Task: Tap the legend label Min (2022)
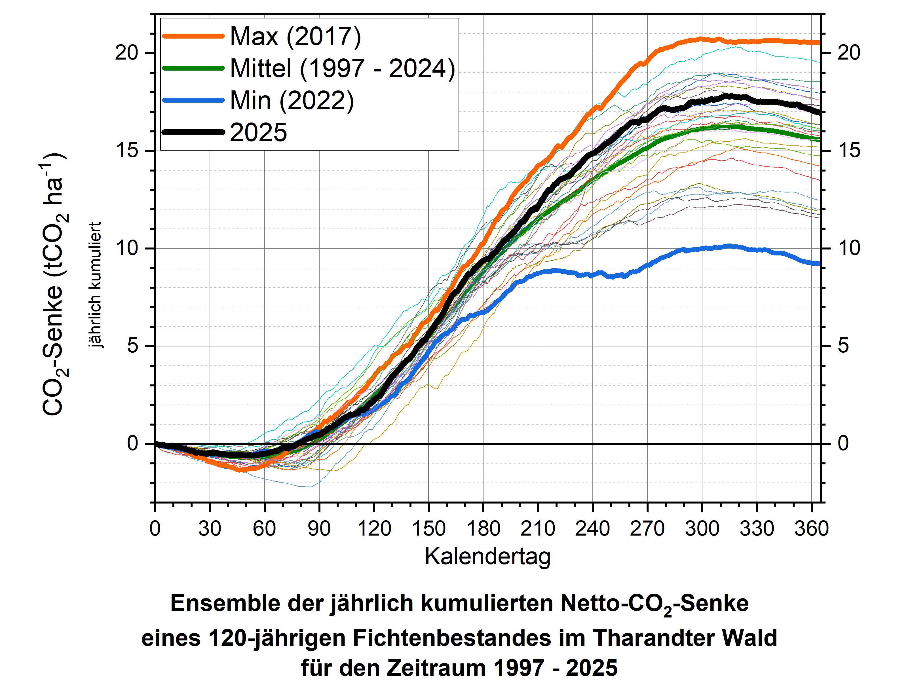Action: [x=292, y=101]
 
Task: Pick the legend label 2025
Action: [x=258, y=132]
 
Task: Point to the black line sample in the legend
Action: [x=193, y=132]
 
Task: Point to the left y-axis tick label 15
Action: [x=127, y=151]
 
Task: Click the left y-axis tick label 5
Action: [x=132, y=346]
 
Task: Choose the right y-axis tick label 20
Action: [x=848, y=53]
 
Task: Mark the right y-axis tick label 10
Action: [x=848, y=248]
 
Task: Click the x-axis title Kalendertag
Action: [x=487, y=557]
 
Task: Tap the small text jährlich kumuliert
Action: [x=95, y=285]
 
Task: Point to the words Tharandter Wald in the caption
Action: [x=684, y=638]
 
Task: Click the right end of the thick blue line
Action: [x=818, y=263]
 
